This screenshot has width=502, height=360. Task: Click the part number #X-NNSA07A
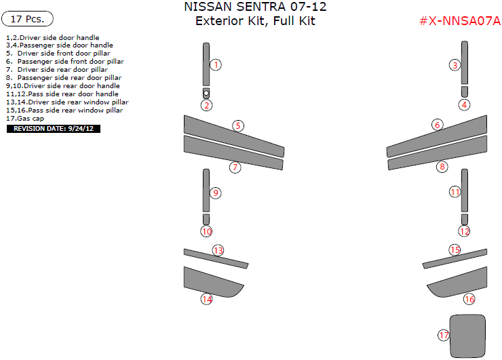click(x=459, y=20)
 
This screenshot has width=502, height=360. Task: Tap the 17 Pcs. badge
click(x=28, y=19)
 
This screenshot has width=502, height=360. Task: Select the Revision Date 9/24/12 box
click(x=53, y=128)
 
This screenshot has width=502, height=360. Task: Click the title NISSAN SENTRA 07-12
click(x=255, y=7)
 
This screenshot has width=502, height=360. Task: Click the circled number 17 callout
click(x=444, y=335)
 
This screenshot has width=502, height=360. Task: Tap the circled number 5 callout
click(x=237, y=125)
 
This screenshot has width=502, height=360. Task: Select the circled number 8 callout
click(x=442, y=166)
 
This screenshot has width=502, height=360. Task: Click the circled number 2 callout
click(x=206, y=105)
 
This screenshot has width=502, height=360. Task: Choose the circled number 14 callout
click(x=206, y=299)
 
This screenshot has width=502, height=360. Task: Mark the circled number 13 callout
click(x=218, y=250)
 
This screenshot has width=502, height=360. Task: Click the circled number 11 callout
click(x=455, y=193)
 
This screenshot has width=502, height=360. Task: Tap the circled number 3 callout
click(x=455, y=65)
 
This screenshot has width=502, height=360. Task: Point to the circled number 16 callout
click(x=469, y=299)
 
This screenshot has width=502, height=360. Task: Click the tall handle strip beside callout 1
click(x=206, y=64)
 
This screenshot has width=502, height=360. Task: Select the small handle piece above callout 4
click(x=464, y=91)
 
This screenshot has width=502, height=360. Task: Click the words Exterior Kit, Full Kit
click(x=255, y=20)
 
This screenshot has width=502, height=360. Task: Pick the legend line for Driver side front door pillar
click(x=58, y=53)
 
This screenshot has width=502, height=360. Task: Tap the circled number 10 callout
click(x=206, y=231)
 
